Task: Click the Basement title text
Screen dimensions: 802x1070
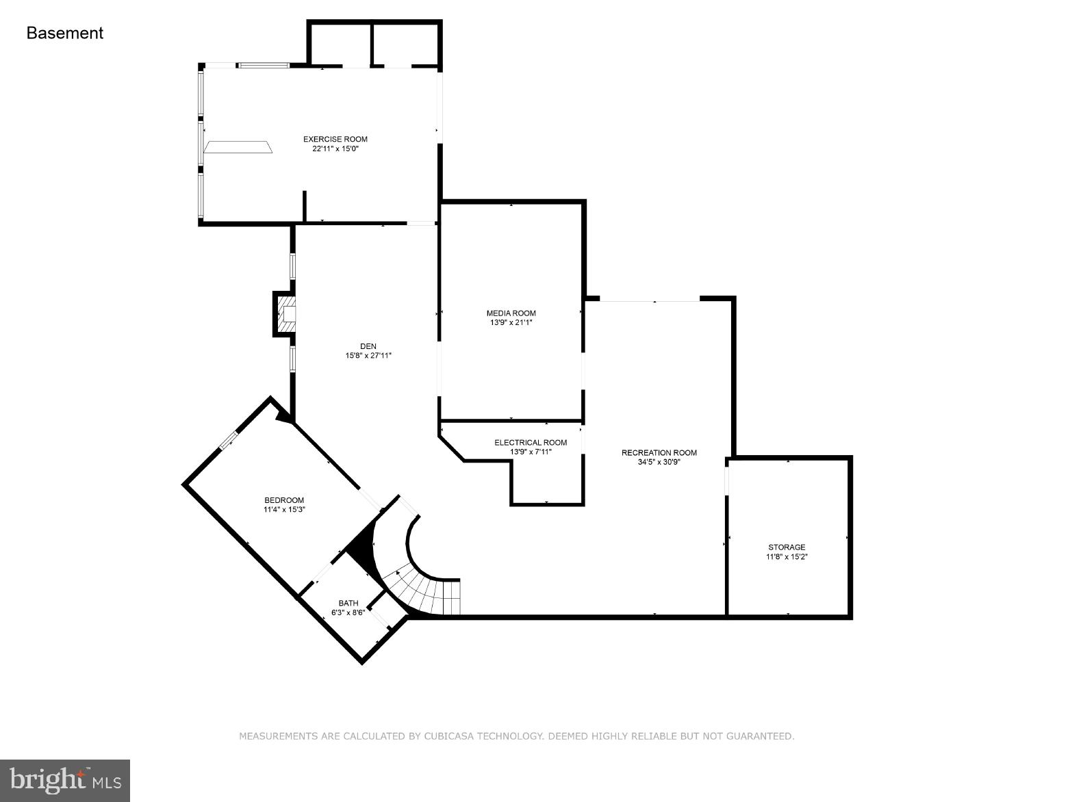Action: tap(64, 33)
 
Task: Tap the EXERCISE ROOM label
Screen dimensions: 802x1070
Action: tap(335, 140)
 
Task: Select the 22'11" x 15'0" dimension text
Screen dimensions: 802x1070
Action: tap(335, 148)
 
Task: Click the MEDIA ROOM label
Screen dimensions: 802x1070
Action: tap(511, 313)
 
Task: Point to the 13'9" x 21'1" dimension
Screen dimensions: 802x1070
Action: tap(511, 322)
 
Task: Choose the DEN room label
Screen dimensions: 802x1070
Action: tap(368, 346)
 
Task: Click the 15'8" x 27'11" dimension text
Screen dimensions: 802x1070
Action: tap(368, 356)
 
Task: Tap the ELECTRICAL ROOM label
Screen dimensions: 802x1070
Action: tap(531, 443)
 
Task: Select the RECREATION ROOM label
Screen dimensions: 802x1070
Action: tap(659, 452)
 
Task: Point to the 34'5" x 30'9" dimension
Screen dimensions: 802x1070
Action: tap(659, 462)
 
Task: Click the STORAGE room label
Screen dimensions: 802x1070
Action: tap(787, 547)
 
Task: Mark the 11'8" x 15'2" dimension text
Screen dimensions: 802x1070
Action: tap(787, 557)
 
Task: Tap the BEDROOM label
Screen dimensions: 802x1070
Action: tap(284, 500)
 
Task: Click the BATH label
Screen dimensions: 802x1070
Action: tap(348, 603)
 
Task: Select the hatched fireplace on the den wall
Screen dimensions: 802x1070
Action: tap(287, 314)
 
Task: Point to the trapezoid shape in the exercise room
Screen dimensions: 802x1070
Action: tap(238, 147)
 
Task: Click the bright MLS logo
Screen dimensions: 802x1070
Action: tap(65, 780)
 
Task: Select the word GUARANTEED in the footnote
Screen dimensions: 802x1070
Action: tap(759, 736)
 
